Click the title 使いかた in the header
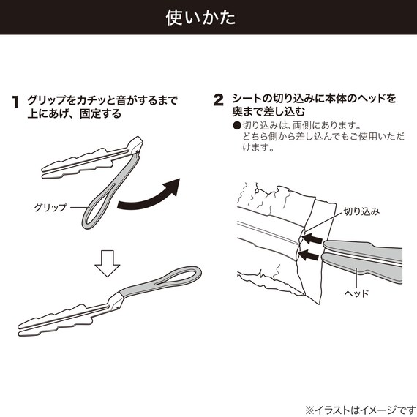coord(209,18)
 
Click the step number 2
coord(218,100)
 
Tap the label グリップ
coord(50,208)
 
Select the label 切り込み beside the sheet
coord(361,211)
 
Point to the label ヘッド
coord(356,293)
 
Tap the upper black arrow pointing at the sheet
coord(314,238)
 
